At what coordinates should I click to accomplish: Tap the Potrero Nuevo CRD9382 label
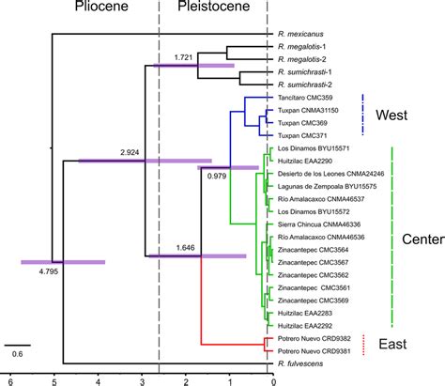(x=314, y=338)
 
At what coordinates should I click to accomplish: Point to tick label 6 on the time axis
(x=9, y=380)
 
